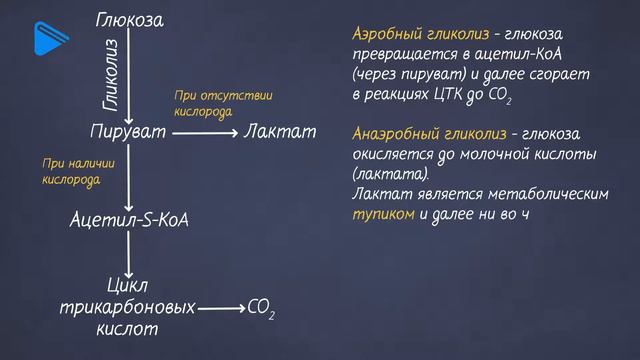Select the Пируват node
coord(130,131)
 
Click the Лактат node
coord(280,131)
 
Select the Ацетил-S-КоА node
coord(130,219)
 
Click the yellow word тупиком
coord(381,215)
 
